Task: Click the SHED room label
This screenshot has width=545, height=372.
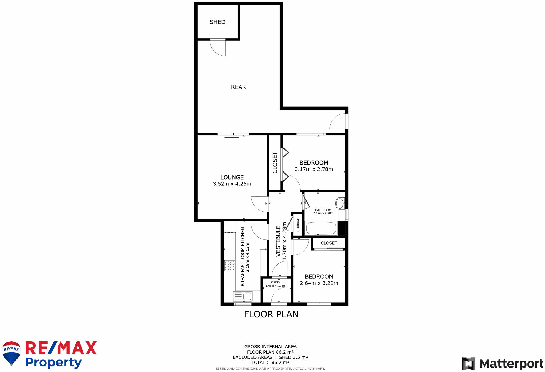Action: [218, 22]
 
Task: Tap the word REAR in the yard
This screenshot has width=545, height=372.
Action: [238, 87]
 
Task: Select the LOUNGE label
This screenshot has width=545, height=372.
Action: [232, 177]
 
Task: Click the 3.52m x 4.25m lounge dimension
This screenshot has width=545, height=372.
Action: [232, 184]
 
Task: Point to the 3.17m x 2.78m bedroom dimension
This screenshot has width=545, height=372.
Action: [314, 169]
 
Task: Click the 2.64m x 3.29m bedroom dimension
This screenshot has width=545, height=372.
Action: [319, 283]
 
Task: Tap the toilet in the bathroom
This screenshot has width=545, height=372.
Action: [340, 203]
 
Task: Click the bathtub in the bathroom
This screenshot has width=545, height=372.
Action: [321, 228]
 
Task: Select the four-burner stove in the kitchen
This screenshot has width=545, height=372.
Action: [230, 266]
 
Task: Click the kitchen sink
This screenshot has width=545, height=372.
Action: [243, 296]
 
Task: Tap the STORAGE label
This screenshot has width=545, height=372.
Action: [298, 225]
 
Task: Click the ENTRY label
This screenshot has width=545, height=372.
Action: [276, 282]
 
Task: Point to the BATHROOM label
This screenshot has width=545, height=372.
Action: [323, 210]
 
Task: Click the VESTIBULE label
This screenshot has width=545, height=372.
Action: [278, 241]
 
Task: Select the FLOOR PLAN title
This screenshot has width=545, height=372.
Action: [271, 314]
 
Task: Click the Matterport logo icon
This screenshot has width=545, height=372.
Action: [468, 363]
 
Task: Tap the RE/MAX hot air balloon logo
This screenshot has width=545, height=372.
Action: [11, 353]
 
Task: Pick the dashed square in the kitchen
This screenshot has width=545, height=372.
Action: [230, 227]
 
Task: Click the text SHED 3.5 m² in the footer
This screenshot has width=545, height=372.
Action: [294, 357]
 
